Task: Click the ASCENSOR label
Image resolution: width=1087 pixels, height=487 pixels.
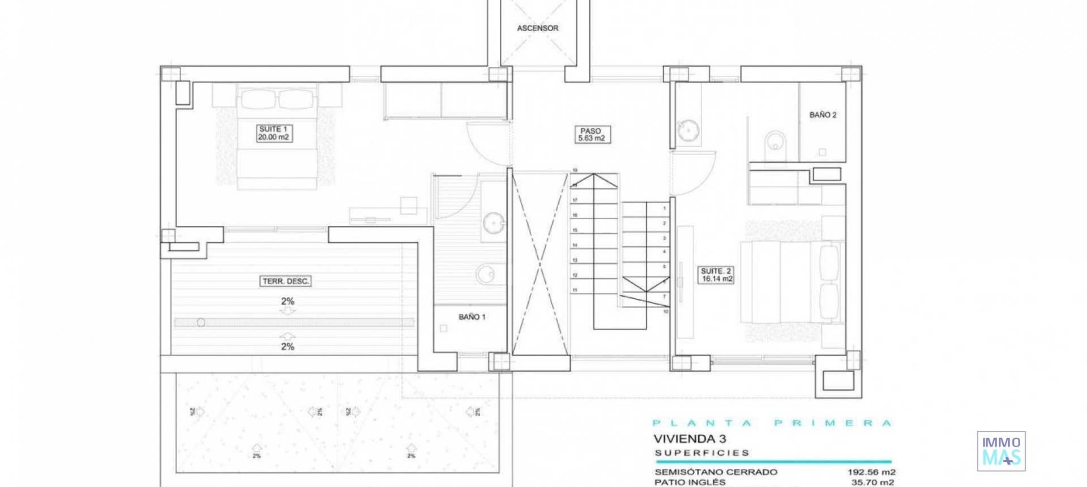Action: click(x=537, y=28)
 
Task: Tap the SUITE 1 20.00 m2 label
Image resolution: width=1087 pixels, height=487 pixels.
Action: click(x=273, y=133)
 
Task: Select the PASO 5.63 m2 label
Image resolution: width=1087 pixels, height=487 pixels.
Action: click(x=591, y=135)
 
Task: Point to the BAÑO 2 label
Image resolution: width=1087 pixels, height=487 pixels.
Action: click(x=823, y=115)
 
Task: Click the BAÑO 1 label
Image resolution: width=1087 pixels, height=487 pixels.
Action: click(x=472, y=317)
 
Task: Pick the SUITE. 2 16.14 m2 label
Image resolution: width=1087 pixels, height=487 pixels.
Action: click(x=717, y=275)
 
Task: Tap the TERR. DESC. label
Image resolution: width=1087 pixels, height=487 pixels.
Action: click(x=286, y=281)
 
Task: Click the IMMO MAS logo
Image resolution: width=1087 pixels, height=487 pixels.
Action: click(x=1001, y=451)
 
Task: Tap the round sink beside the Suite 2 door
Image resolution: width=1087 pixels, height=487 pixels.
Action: click(x=688, y=130)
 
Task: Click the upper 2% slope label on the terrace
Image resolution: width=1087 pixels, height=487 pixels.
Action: click(x=288, y=302)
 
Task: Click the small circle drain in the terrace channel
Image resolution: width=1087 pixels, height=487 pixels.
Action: click(x=201, y=323)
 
